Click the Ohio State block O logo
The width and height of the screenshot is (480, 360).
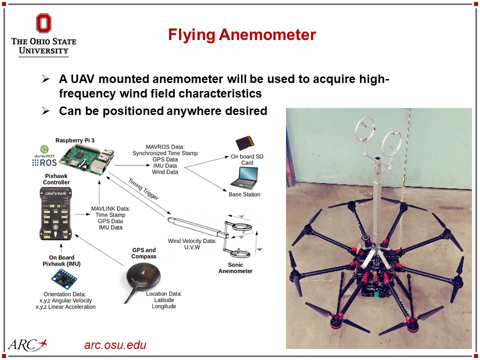pyautogui.click(x=43, y=23)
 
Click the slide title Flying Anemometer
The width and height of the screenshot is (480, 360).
pyautogui.click(x=241, y=35)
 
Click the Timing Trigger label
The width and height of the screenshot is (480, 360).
pyautogui.click(x=143, y=189)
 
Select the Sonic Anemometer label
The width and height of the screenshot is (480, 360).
pyautogui.click(x=235, y=268)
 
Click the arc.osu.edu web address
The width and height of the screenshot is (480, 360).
pyautogui.click(x=115, y=345)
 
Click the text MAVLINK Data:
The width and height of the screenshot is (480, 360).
pyautogui.click(x=110, y=208)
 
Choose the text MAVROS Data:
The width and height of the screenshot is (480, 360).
pyautogui.click(x=164, y=146)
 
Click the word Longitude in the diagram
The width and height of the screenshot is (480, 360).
pyautogui.click(x=164, y=306)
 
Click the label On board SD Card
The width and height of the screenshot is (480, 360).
pyautogui.click(x=247, y=159)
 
